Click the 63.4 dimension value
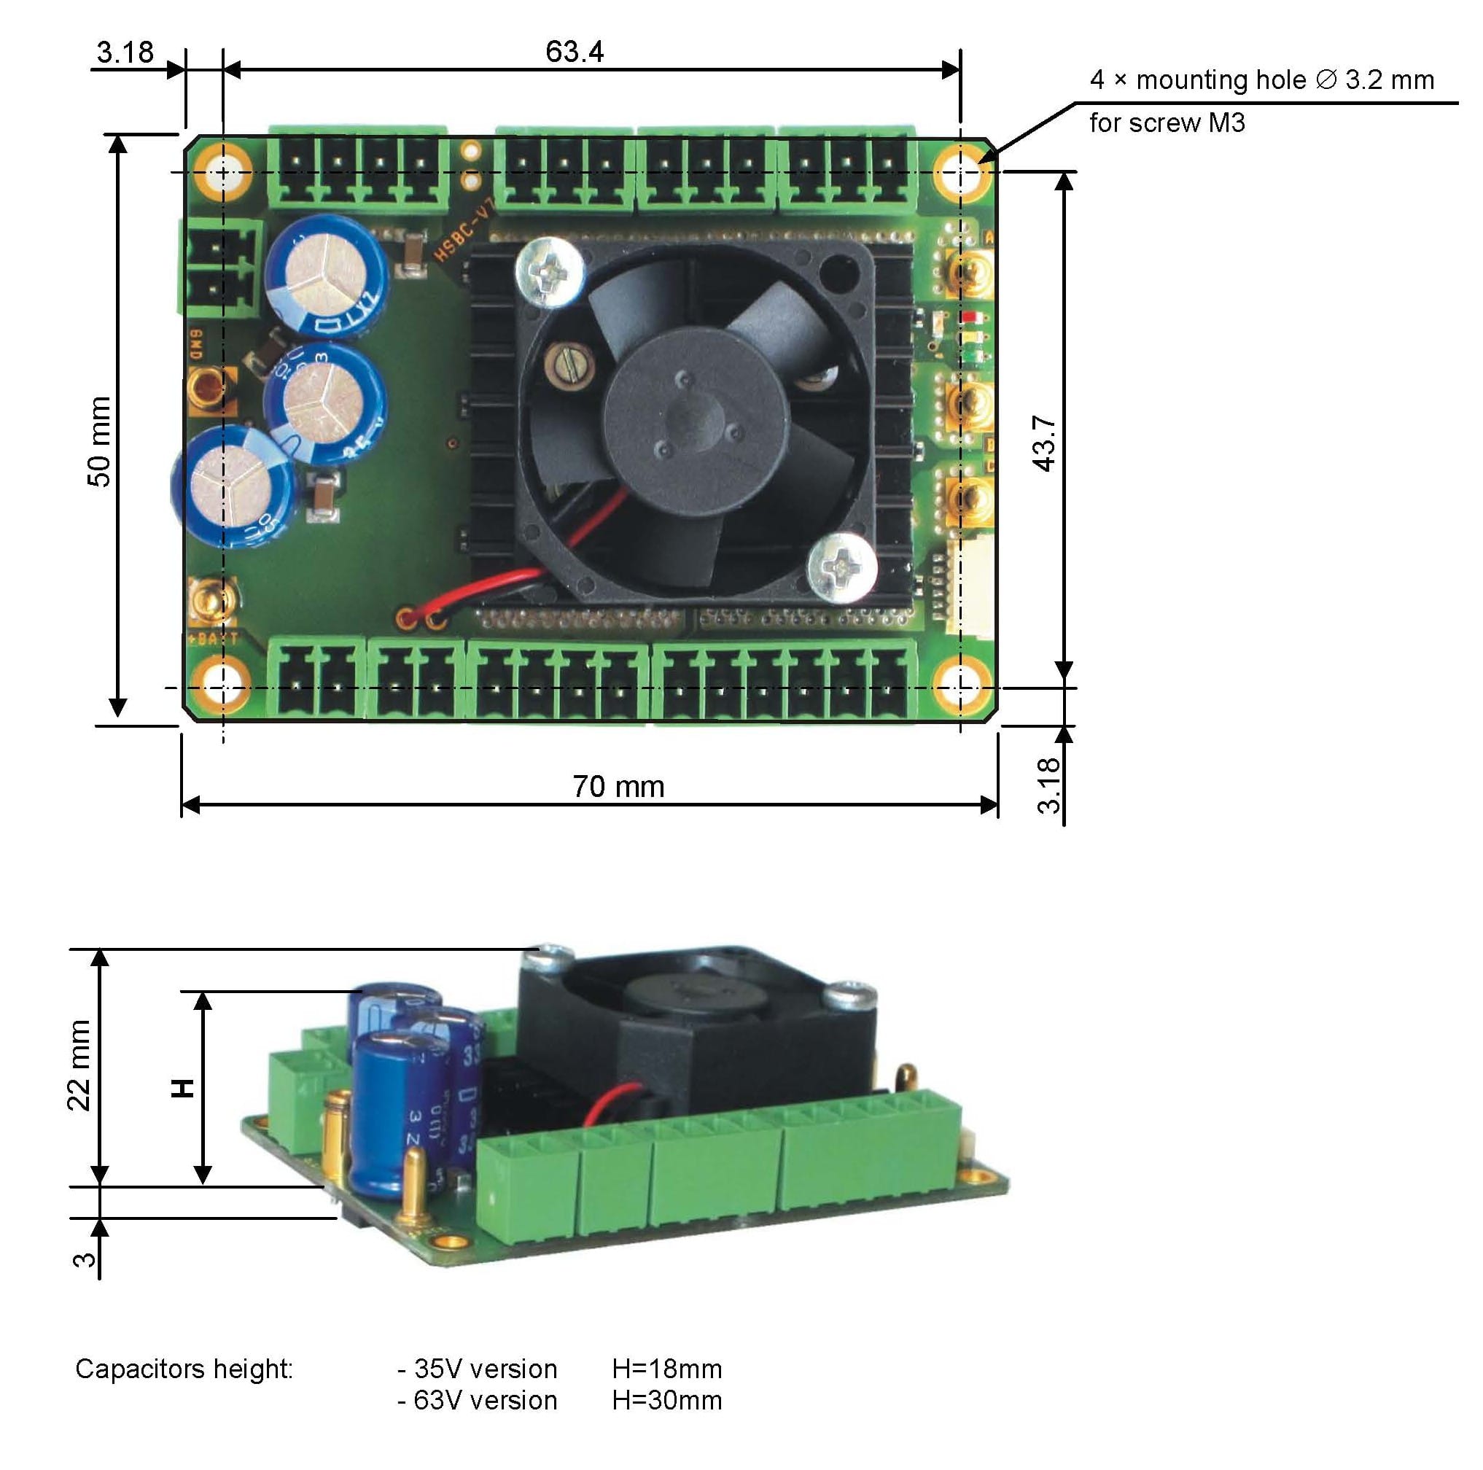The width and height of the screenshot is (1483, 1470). coord(574,52)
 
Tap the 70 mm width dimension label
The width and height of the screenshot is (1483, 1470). coord(618,786)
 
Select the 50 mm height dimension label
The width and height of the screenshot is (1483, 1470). coord(100,441)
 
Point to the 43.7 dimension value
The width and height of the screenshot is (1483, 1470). coord(1045,443)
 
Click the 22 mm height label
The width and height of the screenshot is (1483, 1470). coord(79,1065)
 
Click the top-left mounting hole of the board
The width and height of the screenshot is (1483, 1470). coord(222,172)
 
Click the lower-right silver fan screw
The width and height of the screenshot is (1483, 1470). coord(843,567)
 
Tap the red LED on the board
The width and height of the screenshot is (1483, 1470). coord(966,316)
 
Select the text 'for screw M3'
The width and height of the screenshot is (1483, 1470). coord(1167,122)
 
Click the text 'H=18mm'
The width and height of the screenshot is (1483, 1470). coord(666,1369)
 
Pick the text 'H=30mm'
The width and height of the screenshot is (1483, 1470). coord(666,1400)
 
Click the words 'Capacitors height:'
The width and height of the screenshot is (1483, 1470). coord(184,1369)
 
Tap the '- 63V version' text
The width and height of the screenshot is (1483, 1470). coord(478,1400)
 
